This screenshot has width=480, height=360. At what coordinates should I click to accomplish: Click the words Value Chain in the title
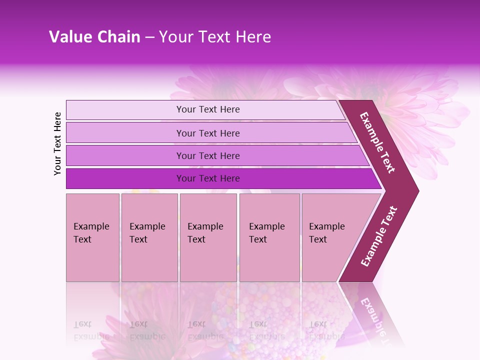[94, 37]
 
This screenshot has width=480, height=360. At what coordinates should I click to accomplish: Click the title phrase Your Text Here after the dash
[215, 37]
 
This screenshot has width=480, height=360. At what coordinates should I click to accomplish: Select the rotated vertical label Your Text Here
[57, 143]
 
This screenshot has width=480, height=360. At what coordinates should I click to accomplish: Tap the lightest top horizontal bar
[125, 110]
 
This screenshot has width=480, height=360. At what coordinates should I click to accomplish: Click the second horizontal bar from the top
[125, 133]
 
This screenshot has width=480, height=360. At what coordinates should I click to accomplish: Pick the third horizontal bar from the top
[125, 155]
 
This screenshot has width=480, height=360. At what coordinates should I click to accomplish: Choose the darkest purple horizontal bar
[125, 178]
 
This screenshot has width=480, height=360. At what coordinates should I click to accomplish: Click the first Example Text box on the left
[92, 237]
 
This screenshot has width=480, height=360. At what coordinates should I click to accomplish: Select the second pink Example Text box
[149, 237]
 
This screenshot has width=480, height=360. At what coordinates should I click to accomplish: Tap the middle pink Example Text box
[208, 237]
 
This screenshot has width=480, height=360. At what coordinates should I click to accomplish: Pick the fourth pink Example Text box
[269, 237]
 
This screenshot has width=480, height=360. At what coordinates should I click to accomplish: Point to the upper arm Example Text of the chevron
[377, 142]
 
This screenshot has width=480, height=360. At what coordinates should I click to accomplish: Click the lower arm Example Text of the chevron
[379, 236]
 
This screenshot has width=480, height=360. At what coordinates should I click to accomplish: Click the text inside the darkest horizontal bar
[208, 178]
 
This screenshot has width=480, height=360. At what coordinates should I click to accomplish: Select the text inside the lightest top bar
[208, 109]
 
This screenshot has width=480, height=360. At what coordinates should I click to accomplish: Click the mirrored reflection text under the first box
[91, 330]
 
